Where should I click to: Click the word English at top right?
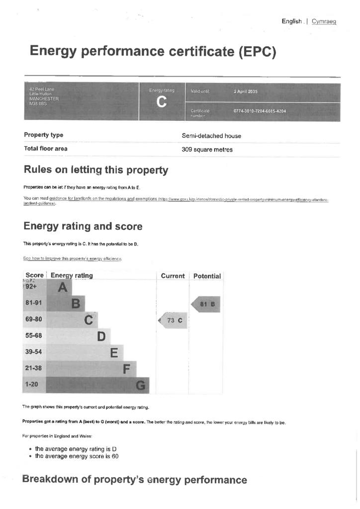pyautogui.click(x=291, y=21)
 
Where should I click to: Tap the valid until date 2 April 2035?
pyautogui.click(x=246, y=92)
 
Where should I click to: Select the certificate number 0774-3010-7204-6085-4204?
pyautogui.click(x=260, y=111)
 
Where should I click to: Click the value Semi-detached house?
pyautogui.click(x=211, y=136)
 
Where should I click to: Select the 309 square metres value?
pyautogui.click(x=207, y=150)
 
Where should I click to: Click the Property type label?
pyautogui.click(x=43, y=135)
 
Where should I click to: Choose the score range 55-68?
pyautogui.click(x=34, y=336)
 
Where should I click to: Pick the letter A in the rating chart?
pyautogui.click(x=62, y=287)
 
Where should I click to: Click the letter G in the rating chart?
pyautogui.click(x=141, y=385)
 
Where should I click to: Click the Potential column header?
pyautogui.click(x=206, y=276)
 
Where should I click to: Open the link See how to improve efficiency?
pyautogui.click(x=72, y=258)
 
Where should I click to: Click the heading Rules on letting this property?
pyautogui.click(x=95, y=170)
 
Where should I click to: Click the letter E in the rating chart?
pyautogui.click(x=114, y=352)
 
